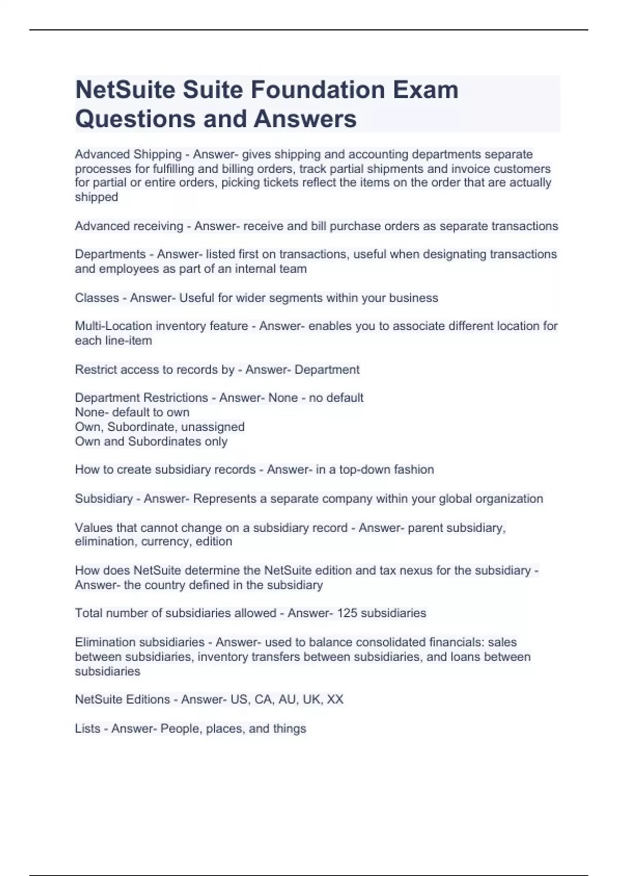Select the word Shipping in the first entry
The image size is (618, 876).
click(157, 154)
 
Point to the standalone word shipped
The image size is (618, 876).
click(96, 197)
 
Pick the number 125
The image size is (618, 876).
click(347, 613)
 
